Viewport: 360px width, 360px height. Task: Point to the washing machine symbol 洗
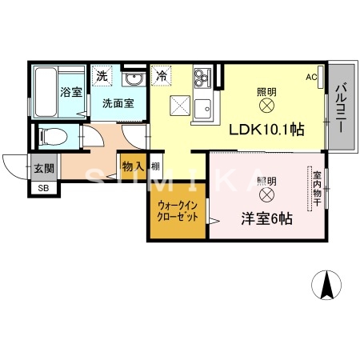coord(102,76)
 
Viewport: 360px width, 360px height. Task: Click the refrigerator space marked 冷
coord(162,77)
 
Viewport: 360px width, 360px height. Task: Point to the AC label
coord(312,77)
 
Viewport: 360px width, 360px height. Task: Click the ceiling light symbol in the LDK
coord(266,104)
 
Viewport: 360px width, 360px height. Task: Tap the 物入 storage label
coord(133,166)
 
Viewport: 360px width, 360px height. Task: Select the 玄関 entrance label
coord(44,168)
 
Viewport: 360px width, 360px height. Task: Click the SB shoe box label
coord(42,189)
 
